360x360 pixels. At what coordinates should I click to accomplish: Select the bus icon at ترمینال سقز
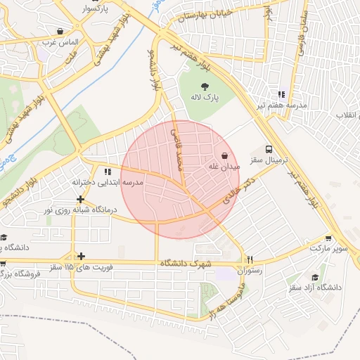tap(269, 150)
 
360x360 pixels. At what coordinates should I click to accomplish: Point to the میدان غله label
tap(224, 167)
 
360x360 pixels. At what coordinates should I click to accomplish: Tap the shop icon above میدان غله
tap(224, 155)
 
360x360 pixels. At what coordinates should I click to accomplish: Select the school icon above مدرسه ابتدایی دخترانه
tap(107, 172)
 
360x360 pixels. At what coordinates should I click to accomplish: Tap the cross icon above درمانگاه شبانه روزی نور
tap(81, 199)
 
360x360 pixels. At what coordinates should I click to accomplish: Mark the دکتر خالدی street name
tap(238, 191)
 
